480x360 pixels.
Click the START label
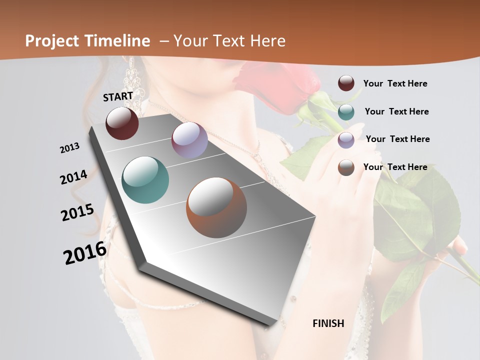118,96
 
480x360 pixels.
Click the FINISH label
328,323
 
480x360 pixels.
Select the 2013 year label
70,148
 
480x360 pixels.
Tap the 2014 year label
74,177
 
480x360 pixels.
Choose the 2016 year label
85,253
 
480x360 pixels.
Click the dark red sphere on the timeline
122,123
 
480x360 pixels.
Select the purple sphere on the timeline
189,140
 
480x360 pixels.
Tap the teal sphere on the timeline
145,180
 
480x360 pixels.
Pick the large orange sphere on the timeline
216,207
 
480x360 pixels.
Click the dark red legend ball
346,83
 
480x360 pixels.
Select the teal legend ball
346,111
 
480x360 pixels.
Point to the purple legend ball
346,139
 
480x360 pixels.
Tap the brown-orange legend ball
346,167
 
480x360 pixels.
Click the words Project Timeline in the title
87,41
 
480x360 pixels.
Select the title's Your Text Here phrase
229,41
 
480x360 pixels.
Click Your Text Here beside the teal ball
396,111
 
